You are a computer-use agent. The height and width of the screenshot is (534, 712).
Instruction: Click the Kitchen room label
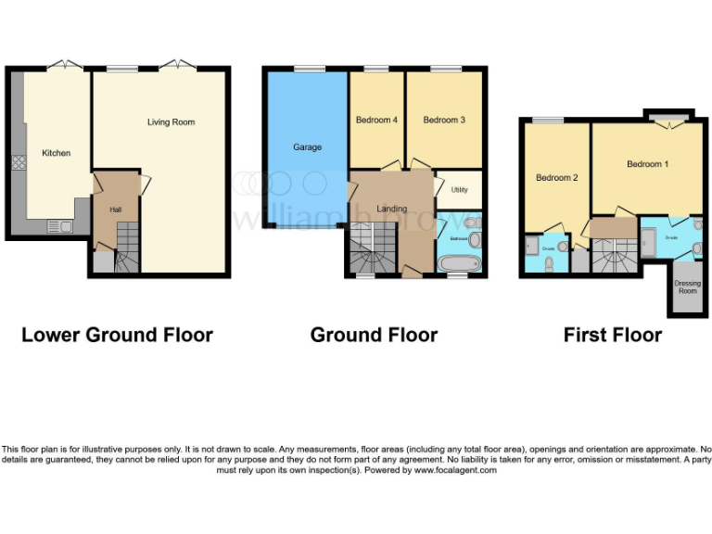[x=56, y=153]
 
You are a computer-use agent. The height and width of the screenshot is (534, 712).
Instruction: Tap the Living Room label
[x=172, y=122]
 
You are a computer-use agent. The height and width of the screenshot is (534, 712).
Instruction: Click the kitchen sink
[x=58, y=225]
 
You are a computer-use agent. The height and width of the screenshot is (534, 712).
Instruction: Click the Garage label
[x=307, y=147]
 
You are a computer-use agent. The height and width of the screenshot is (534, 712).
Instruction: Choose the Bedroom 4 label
[x=376, y=120]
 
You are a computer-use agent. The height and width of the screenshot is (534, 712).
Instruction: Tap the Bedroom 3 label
[x=444, y=120]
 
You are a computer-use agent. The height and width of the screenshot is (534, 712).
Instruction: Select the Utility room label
[x=460, y=190]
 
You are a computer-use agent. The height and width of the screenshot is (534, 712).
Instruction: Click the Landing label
[x=391, y=209]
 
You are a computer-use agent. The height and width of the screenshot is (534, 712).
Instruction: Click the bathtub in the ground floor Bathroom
[x=457, y=264]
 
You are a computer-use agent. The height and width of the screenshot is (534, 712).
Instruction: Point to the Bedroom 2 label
[x=556, y=177]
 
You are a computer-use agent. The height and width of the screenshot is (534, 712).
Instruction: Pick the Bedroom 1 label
[x=647, y=164]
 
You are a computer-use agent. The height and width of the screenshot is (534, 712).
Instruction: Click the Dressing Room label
[x=686, y=286]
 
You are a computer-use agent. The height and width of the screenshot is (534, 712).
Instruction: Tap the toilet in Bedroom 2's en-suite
[x=550, y=263]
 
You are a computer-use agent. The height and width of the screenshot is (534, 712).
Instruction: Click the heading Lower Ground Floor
[x=117, y=335]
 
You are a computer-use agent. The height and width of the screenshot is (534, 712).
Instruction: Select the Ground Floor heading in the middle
[x=374, y=335]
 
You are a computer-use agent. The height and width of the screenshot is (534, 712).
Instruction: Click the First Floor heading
[x=613, y=335]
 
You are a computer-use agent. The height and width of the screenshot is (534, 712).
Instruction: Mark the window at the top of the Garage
[x=307, y=69]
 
